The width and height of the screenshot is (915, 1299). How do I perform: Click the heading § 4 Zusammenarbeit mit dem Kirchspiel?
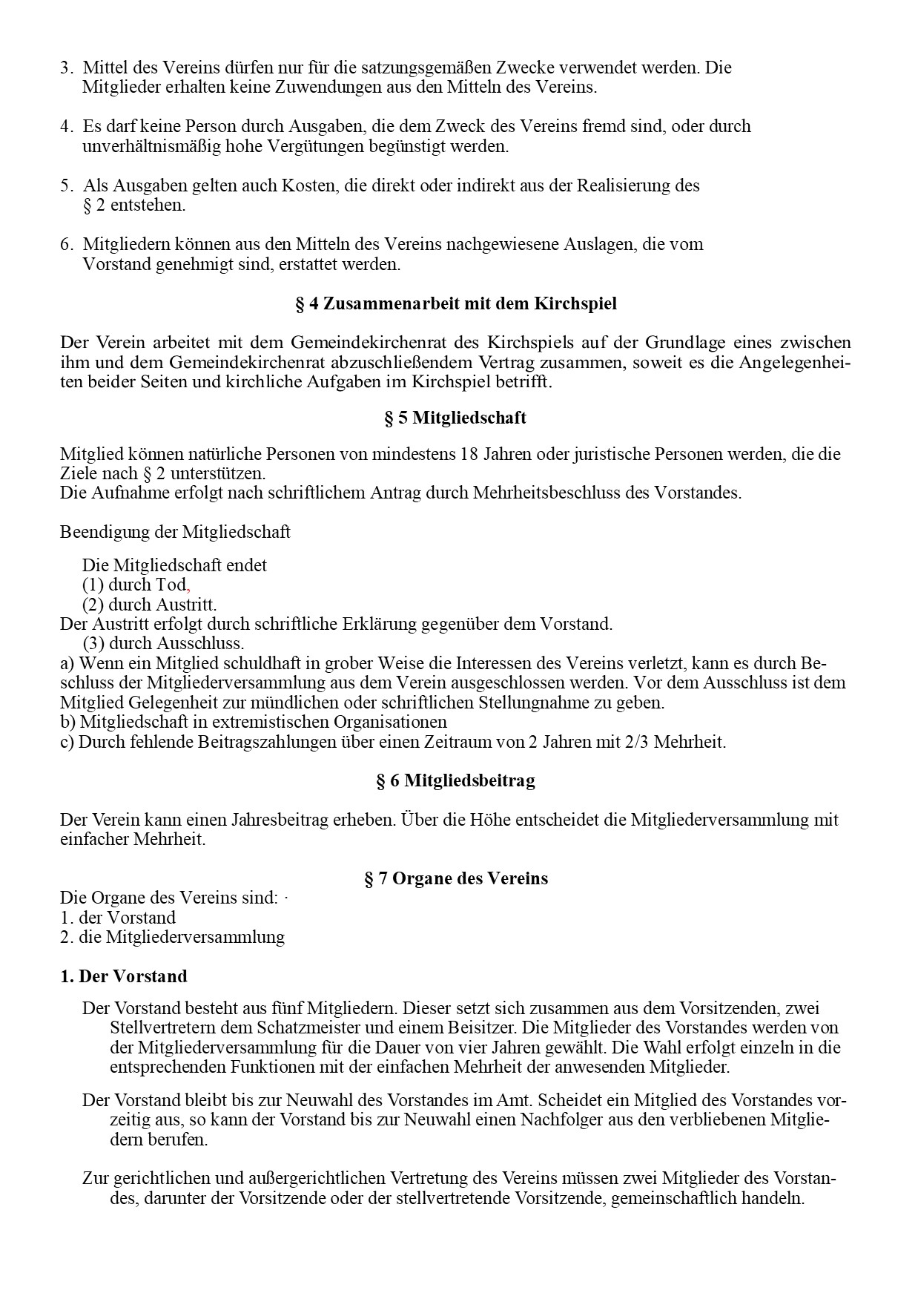(455, 304)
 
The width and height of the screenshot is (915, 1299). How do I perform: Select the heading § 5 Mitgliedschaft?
(455, 418)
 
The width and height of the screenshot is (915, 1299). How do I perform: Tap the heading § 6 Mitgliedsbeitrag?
(455, 780)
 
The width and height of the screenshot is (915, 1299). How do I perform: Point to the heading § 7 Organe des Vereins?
(455, 878)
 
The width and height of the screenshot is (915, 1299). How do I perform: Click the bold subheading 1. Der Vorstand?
(123, 976)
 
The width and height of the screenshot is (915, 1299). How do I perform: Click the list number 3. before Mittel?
(66, 68)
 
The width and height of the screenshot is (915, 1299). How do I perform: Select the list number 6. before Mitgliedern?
(66, 244)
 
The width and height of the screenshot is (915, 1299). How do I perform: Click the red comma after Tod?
(188, 585)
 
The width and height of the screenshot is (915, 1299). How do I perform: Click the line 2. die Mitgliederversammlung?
(172, 937)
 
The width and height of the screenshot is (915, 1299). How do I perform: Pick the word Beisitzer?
(481, 1028)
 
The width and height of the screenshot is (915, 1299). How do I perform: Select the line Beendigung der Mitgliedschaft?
(175, 532)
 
